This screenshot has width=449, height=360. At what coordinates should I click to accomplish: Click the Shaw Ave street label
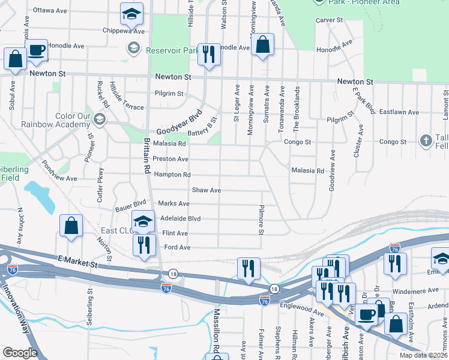point(206,190)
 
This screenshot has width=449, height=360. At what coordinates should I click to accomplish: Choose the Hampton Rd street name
point(172,175)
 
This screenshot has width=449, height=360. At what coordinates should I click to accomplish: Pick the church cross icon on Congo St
point(426,141)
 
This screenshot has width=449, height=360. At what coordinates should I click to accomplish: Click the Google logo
point(20,352)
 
